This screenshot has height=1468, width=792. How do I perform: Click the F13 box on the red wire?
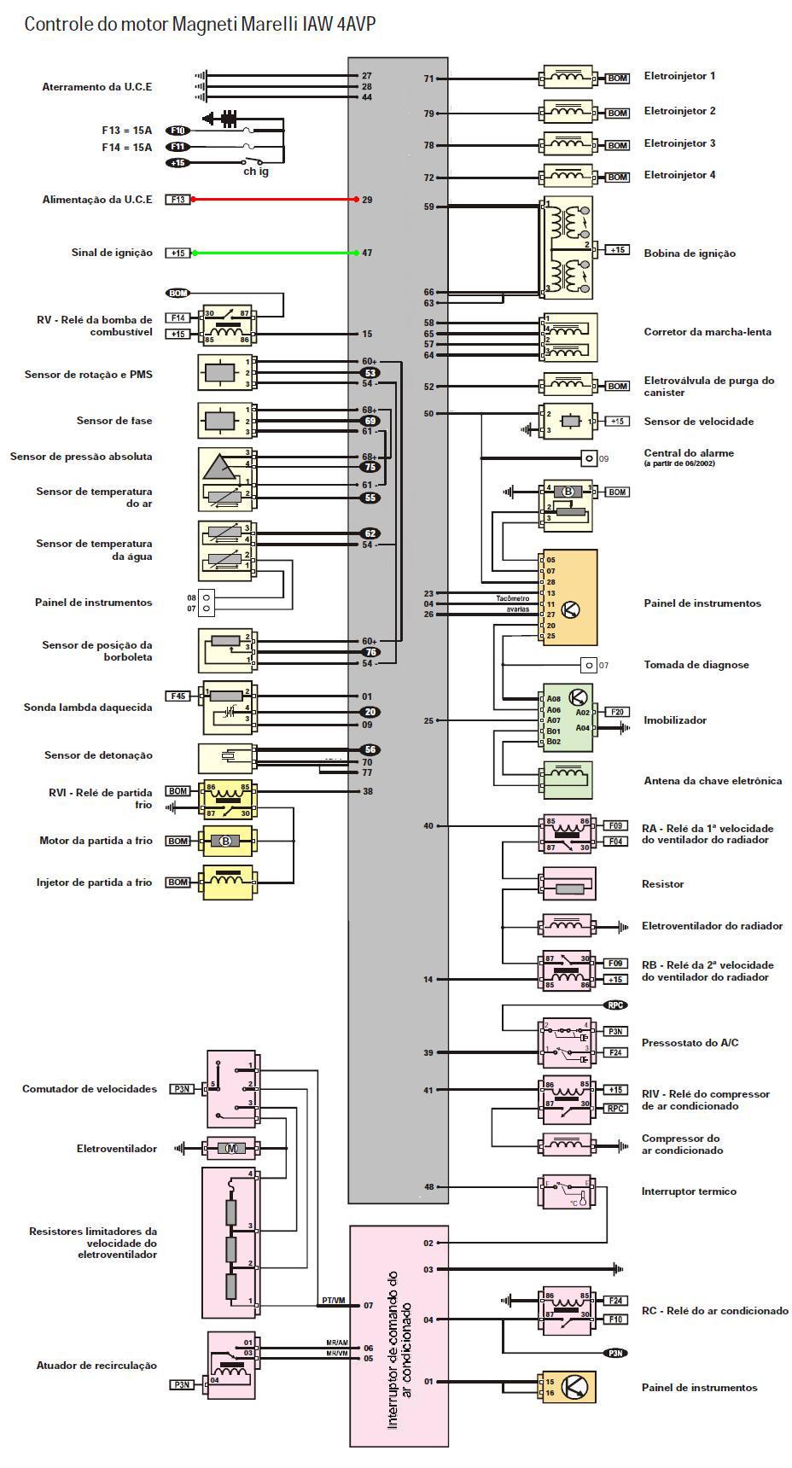point(178,200)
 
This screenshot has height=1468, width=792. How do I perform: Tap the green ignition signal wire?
point(273,253)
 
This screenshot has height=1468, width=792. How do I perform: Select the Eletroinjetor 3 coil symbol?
point(569,145)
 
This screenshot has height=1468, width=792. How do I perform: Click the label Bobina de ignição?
point(689,253)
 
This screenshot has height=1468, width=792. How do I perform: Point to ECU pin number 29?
point(367,200)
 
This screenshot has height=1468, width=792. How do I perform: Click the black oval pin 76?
point(370,652)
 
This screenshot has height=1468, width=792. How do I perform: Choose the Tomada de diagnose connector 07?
point(588,665)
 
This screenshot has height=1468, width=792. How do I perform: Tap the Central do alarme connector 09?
point(588,459)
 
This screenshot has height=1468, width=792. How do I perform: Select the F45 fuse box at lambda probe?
point(178,696)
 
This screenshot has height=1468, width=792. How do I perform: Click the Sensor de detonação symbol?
point(227,757)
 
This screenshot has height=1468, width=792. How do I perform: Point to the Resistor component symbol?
point(569,885)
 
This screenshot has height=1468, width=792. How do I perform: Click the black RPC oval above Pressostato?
point(615,1005)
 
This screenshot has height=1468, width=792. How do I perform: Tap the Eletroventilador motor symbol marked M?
point(230,1149)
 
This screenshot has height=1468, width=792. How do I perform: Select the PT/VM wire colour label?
point(333,1301)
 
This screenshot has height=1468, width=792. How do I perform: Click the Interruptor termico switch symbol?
point(568,1191)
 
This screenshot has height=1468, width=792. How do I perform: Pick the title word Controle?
point(53,24)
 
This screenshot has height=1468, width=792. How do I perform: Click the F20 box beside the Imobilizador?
point(616,712)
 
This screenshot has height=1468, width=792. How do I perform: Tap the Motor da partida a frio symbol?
point(227,842)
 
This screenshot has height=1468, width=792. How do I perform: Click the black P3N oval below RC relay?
point(615,1353)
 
